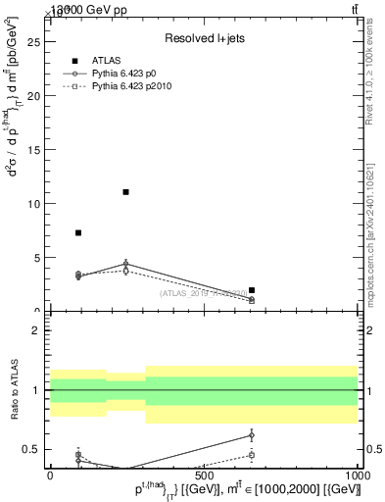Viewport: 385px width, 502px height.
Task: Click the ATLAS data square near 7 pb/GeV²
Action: pos(78,232)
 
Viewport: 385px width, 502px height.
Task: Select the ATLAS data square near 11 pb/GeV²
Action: pos(126,192)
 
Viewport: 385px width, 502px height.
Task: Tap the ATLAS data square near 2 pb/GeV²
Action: pos(252,290)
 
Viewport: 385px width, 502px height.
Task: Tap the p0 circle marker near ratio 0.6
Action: pos(252,434)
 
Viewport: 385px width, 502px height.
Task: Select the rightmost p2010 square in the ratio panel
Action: pos(252,455)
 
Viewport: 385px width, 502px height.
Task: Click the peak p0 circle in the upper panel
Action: pos(126,263)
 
